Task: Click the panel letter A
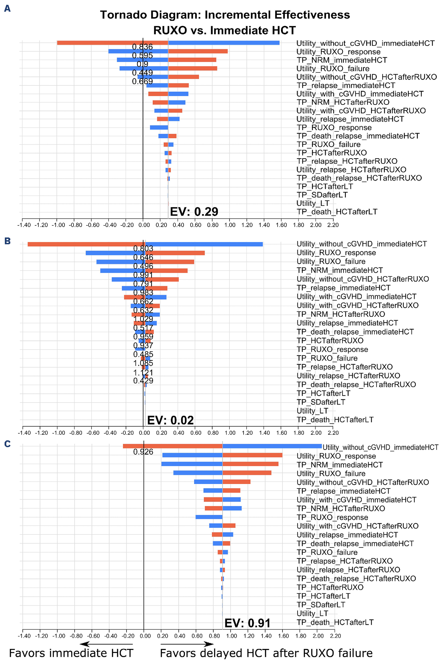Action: (7, 9)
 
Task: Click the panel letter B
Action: (7, 241)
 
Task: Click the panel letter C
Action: (7, 444)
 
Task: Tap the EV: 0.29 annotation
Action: (194, 211)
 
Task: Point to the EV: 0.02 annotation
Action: (171, 420)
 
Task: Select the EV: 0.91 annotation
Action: (247, 623)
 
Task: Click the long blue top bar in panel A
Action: (224, 43)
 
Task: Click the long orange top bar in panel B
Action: (86, 244)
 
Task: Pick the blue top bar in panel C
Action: (272, 446)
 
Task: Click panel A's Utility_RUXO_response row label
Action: (338, 52)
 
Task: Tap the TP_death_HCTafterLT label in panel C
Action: (335, 622)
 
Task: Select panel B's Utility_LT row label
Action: (312, 411)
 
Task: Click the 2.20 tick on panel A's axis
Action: (333, 225)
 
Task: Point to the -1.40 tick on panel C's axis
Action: (24, 636)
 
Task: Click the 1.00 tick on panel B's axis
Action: (230, 433)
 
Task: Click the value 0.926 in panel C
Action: (143, 452)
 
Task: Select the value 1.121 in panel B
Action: (143, 372)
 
